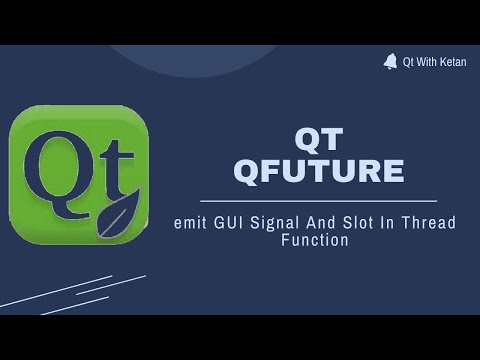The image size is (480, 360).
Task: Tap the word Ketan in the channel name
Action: pos(450,62)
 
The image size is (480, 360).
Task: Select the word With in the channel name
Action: pos(425,62)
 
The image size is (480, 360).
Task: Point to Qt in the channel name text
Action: pos(408,62)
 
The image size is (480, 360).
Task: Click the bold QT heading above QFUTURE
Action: pos(319,138)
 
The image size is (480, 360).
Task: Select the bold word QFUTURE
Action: pos(319,171)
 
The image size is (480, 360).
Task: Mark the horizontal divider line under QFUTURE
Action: pos(319,201)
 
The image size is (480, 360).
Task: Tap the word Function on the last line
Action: pos(315,241)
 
